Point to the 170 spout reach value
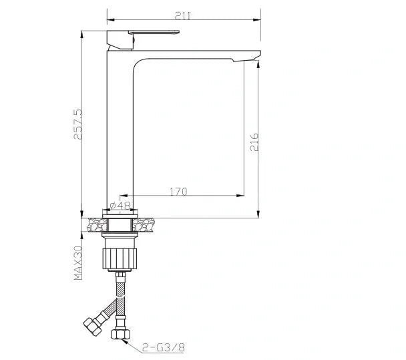click(x=177, y=191)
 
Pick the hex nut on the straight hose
click(x=122, y=331)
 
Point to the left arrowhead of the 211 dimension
click(x=110, y=19)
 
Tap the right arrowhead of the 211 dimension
click(x=256, y=19)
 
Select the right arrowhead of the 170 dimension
click(x=240, y=196)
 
